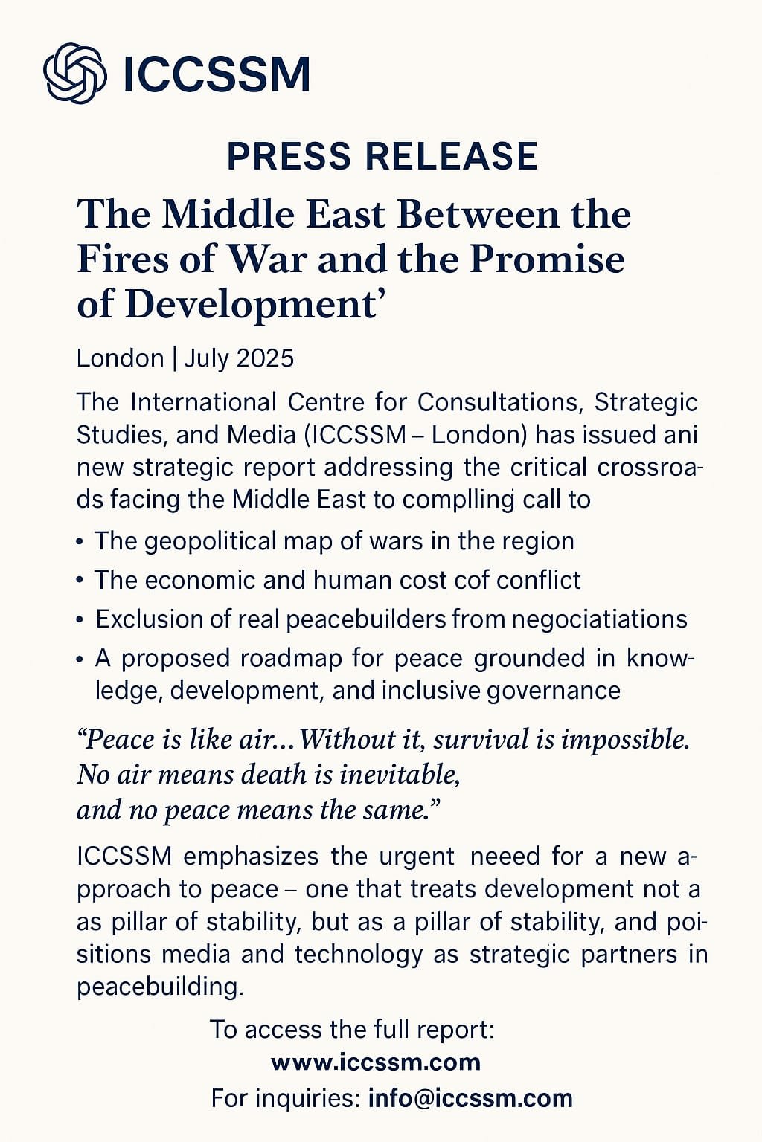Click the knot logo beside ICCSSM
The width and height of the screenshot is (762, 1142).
74,73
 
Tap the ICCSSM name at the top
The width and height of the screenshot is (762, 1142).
216,74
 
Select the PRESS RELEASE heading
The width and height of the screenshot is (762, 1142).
382,156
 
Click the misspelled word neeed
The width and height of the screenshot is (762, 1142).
505,856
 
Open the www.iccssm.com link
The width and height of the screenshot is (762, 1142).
376,1062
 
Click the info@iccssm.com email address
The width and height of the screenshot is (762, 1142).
470,1098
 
